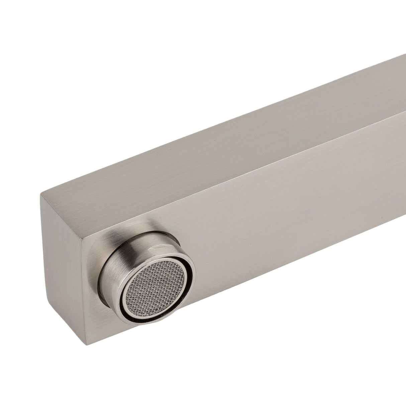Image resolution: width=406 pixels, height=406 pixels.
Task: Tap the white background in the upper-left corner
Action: click(x=50, y=50)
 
